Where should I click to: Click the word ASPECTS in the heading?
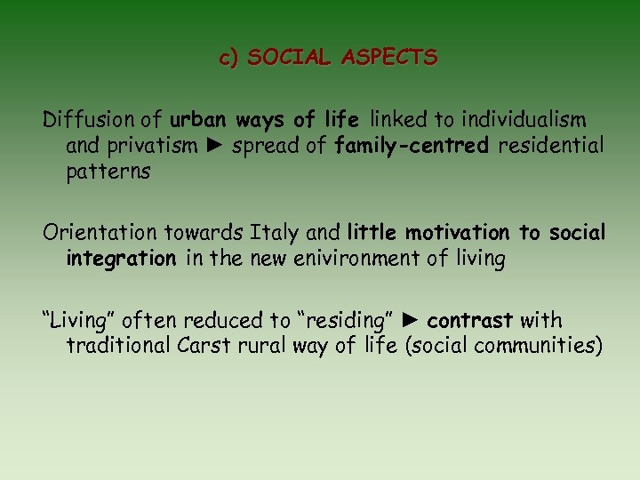coord(394,59)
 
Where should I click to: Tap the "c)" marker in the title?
coord(230,59)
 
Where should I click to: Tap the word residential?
coord(551,146)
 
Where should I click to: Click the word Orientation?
coord(100,233)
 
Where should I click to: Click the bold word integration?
coord(121,259)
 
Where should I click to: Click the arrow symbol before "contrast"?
coord(412,319)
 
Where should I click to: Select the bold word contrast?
coord(470,319)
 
